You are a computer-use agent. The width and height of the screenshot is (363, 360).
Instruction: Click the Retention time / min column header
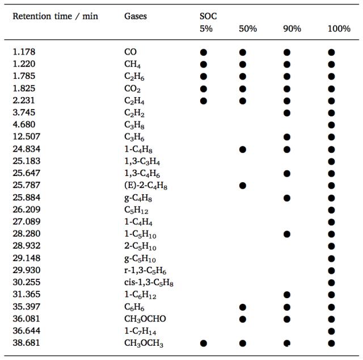pyautogui.click(x=55, y=16)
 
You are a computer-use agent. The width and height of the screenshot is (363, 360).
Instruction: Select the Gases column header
pyautogui.click(x=135, y=16)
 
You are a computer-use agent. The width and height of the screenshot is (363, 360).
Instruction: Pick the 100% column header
pyautogui.click(x=339, y=29)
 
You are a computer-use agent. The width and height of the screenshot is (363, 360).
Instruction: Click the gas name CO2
pyautogui.click(x=132, y=89)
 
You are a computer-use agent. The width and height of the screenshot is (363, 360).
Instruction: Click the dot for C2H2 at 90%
pyautogui.click(x=287, y=112)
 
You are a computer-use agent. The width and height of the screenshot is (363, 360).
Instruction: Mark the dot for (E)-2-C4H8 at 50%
pyautogui.click(x=243, y=185)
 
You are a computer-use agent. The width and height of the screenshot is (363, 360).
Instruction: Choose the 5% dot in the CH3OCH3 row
pyautogui.click(x=203, y=343)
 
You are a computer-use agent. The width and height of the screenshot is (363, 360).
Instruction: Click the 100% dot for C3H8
pyautogui.click(x=331, y=125)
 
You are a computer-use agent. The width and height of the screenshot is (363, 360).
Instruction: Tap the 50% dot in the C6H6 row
pyautogui.click(x=243, y=307)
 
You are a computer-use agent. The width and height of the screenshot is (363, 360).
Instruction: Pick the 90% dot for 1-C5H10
pyautogui.click(x=287, y=234)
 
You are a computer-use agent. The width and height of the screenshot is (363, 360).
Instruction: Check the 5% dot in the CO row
pyautogui.click(x=203, y=52)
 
